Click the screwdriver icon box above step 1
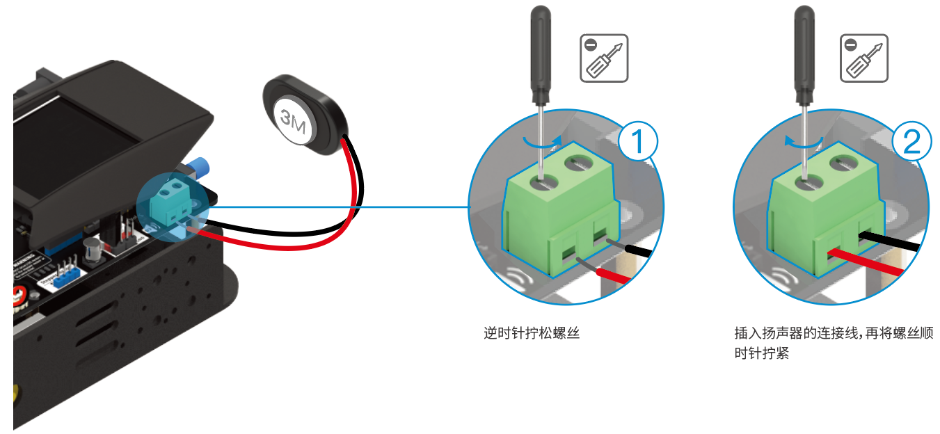point(604,58)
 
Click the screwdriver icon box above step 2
point(864,58)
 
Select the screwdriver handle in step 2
point(804,52)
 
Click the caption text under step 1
point(532,333)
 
